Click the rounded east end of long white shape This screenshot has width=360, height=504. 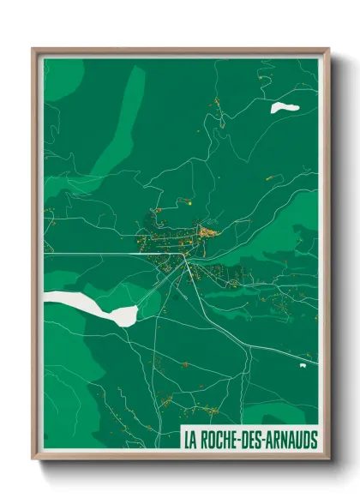(x=131, y=313)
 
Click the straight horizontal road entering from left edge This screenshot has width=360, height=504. (x=86, y=255)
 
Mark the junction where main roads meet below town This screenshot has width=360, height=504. (x=187, y=257)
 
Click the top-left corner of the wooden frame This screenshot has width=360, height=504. (x=33, y=49)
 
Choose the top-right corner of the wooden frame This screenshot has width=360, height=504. (x=328, y=49)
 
